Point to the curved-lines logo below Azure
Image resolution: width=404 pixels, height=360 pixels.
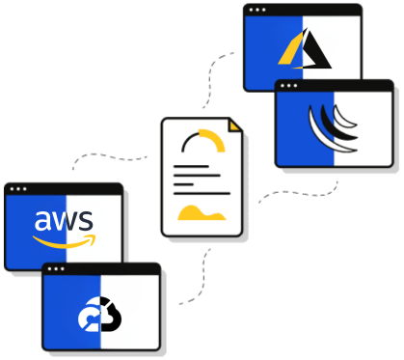click(x=332, y=127)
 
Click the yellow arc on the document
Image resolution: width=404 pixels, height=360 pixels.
click(x=204, y=141)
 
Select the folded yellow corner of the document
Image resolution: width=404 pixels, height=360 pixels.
click(x=234, y=125)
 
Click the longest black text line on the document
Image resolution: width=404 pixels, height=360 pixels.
click(x=202, y=192)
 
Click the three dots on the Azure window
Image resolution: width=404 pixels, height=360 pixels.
click(x=257, y=10)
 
